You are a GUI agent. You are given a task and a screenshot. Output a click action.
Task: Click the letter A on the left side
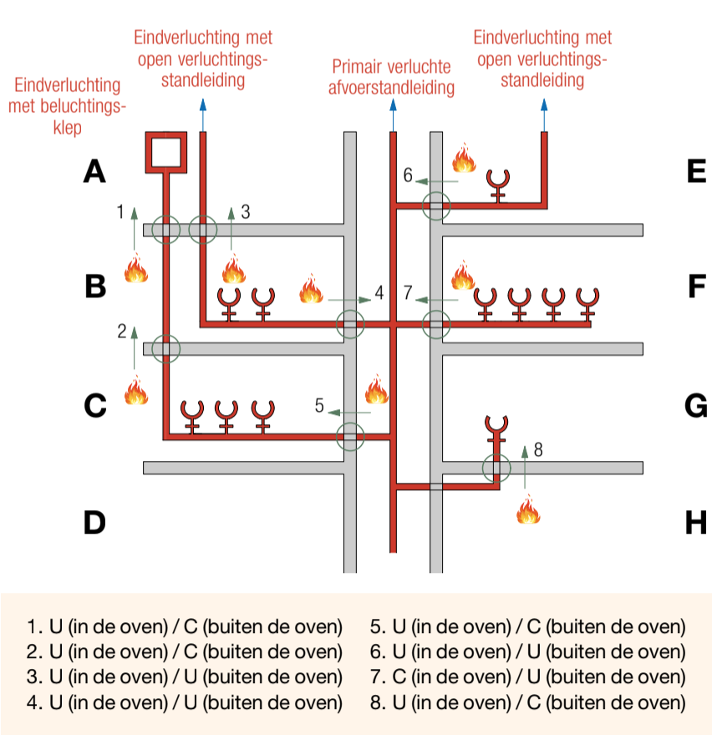[94, 171]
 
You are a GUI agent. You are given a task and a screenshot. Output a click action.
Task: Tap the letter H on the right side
[696, 522]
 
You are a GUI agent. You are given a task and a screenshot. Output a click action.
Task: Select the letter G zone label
[696, 405]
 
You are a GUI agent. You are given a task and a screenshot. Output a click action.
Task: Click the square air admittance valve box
[166, 152]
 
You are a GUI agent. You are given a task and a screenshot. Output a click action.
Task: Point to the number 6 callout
[408, 175]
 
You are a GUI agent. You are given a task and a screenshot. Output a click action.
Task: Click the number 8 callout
[538, 449]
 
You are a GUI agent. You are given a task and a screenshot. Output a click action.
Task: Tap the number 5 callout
[319, 405]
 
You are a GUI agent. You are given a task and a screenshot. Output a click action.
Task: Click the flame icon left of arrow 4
[311, 288]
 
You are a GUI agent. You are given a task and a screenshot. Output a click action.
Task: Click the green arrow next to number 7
[437, 300]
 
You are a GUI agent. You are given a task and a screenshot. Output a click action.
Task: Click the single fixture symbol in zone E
[498, 186]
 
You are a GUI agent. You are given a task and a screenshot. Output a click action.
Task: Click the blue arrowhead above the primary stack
[393, 104]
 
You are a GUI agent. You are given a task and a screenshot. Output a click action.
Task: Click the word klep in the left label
[67, 128]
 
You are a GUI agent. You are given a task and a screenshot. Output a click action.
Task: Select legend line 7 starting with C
[527, 677]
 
